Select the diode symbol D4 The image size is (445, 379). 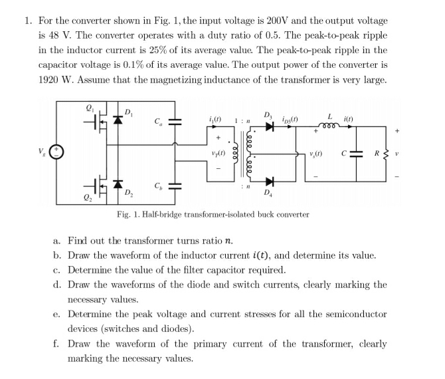tap(268, 182)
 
